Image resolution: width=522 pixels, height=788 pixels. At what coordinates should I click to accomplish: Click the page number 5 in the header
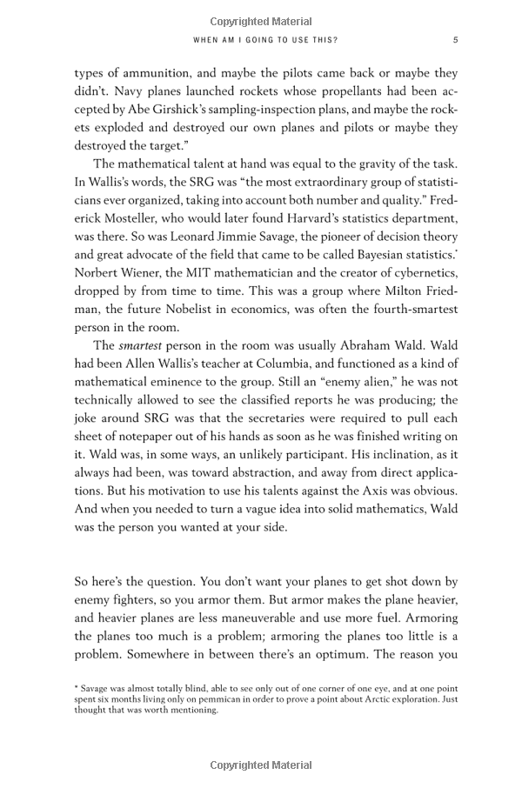tap(455, 39)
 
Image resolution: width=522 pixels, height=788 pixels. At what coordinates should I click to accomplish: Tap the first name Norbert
tap(101, 273)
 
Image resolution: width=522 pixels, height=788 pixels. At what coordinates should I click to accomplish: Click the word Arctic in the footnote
tap(347, 698)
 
